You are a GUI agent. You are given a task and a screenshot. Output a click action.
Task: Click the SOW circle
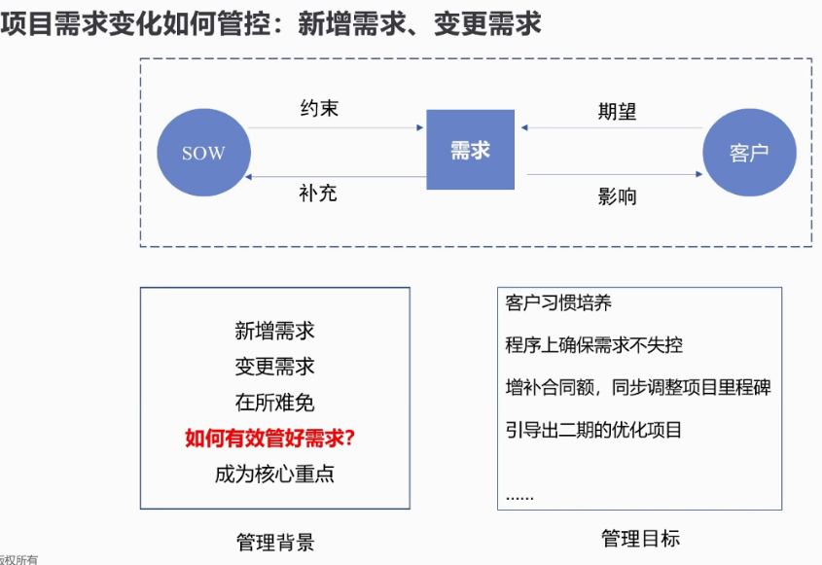click(x=204, y=153)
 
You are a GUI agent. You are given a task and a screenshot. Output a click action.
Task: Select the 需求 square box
click(x=470, y=150)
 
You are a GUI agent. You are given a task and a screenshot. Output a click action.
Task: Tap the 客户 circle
click(x=750, y=153)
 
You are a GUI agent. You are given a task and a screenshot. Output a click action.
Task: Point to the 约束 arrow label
click(x=319, y=109)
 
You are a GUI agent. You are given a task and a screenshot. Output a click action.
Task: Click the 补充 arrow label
click(x=318, y=194)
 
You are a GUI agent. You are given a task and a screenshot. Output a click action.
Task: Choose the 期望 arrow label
click(x=617, y=112)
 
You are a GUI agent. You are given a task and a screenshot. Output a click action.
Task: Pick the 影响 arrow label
click(x=617, y=196)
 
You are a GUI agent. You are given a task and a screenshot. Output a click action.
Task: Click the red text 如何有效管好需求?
click(x=270, y=438)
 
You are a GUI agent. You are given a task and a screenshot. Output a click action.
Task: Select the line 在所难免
click(x=274, y=403)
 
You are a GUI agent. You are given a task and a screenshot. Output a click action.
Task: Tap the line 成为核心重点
click(x=274, y=474)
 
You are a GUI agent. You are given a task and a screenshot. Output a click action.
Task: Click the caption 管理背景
click(x=275, y=542)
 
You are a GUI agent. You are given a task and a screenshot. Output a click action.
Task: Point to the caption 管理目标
click(x=641, y=539)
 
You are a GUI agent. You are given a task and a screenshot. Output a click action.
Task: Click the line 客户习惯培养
click(x=558, y=303)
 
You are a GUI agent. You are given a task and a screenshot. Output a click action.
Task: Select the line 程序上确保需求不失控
click(x=594, y=345)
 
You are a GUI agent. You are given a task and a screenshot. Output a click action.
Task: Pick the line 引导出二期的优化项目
click(x=593, y=430)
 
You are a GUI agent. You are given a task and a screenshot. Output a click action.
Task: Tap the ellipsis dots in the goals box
click(x=519, y=498)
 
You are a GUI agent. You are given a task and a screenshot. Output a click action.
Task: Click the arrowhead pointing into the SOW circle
click(x=248, y=177)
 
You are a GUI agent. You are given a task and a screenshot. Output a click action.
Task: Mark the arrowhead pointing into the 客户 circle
click(x=698, y=174)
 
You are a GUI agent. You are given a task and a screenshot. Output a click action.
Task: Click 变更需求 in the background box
click(x=274, y=367)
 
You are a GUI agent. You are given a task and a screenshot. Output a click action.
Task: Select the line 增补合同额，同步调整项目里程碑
click(x=638, y=387)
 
